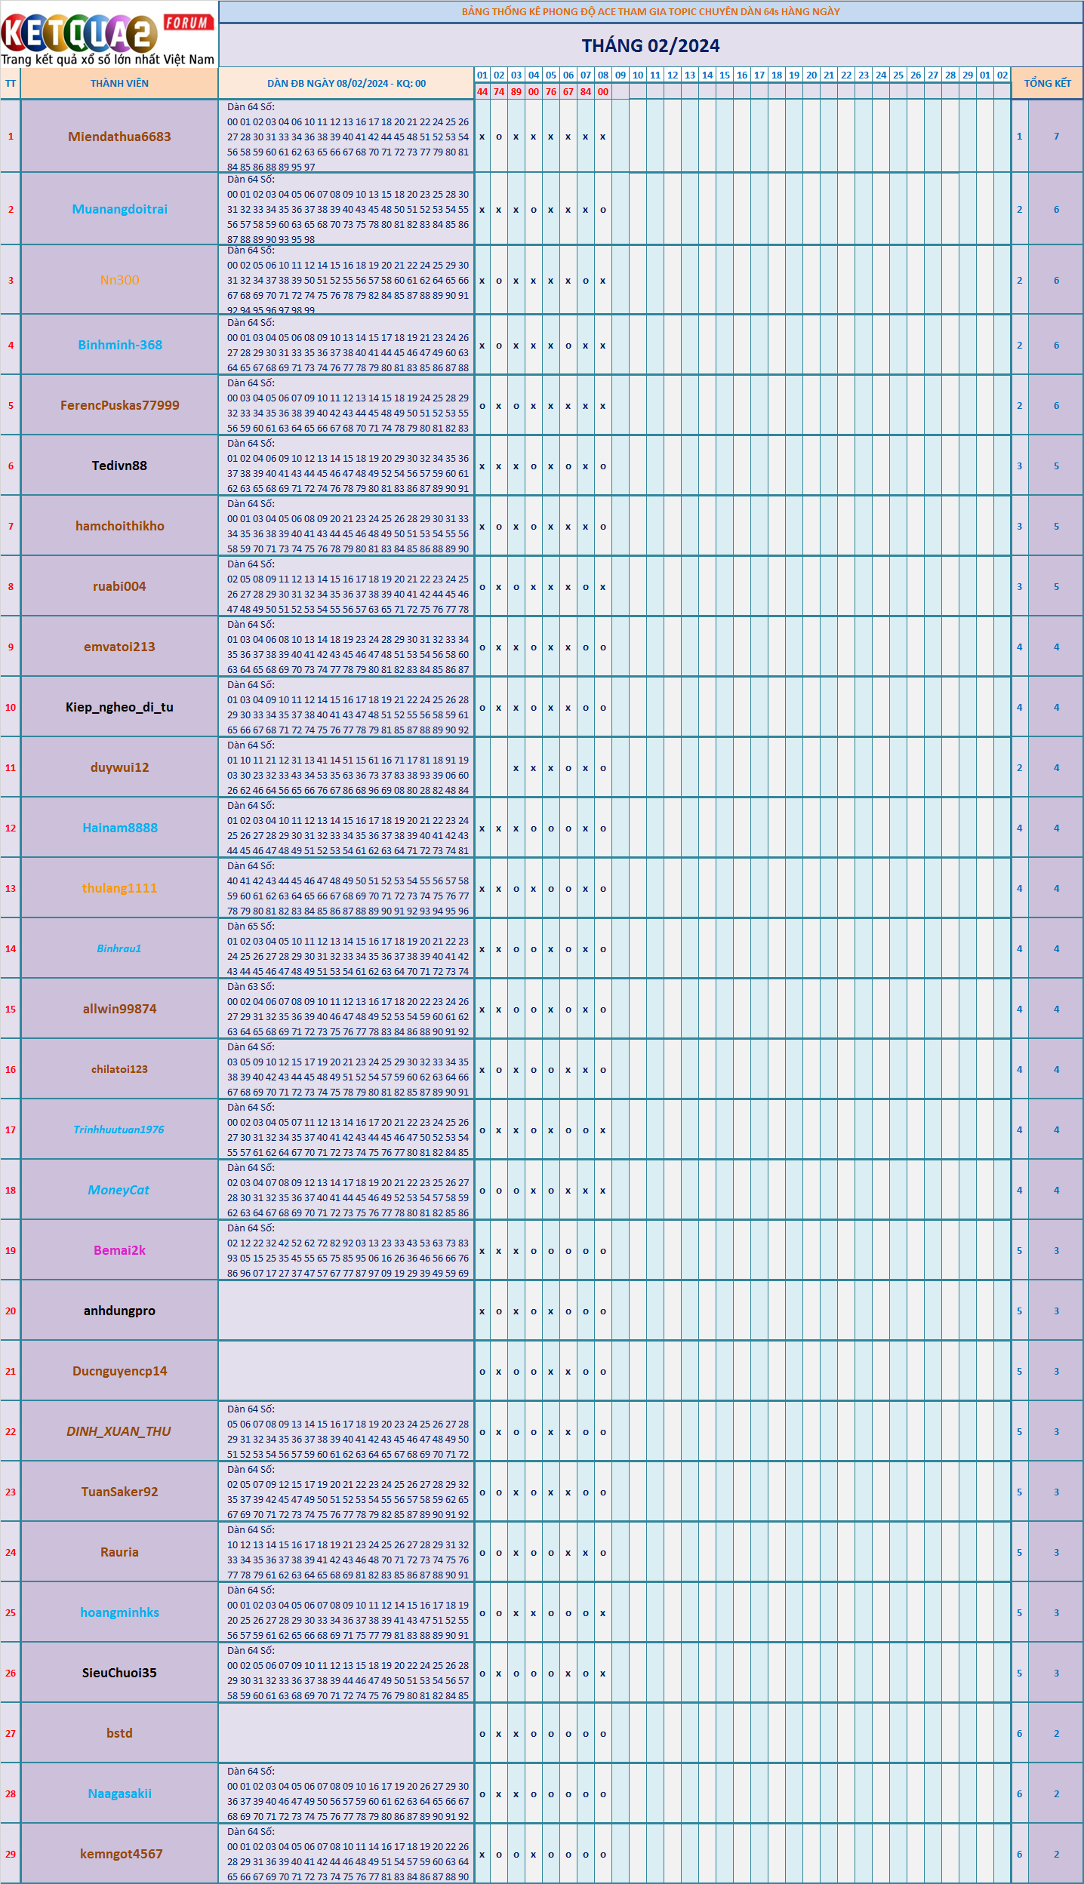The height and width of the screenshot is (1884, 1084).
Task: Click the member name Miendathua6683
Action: [x=119, y=137]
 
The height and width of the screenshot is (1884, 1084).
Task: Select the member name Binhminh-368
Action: [x=120, y=345]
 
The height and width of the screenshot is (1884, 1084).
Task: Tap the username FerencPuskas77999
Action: [x=120, y=405]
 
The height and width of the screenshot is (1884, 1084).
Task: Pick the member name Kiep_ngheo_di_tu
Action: [x=119, y=707]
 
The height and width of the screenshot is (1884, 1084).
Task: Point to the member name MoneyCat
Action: [x=119, y=1190]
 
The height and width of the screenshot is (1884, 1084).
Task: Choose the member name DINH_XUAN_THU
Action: [x=119, y=1431]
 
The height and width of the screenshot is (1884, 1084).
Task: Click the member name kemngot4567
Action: [x=121, y=1854]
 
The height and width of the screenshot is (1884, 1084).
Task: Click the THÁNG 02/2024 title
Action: [x=650, y=46]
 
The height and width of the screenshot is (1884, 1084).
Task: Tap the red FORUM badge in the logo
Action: [x=186, y=23]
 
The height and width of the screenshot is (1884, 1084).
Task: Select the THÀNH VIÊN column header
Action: [x=119, y=83]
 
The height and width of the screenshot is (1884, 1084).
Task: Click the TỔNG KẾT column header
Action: [x=1047, y=83]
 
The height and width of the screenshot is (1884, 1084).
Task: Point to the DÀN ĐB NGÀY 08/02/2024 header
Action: [x=346, y=83]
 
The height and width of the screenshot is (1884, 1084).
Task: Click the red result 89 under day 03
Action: [x=516, y=92]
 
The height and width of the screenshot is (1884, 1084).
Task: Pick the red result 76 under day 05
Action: [x=551, y=92]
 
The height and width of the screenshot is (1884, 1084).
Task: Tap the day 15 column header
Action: [x=725, y=75]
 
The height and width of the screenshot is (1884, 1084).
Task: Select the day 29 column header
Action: [x=968, y=75]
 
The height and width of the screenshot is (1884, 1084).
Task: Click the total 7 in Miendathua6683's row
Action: [x=1056, y=137]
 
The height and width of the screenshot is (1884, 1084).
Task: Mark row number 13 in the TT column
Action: [x=11, y=888]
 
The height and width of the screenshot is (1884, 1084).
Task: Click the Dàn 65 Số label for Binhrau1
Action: [x=251, y=926]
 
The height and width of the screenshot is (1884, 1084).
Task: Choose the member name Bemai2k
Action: [x=119, y=1250]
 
